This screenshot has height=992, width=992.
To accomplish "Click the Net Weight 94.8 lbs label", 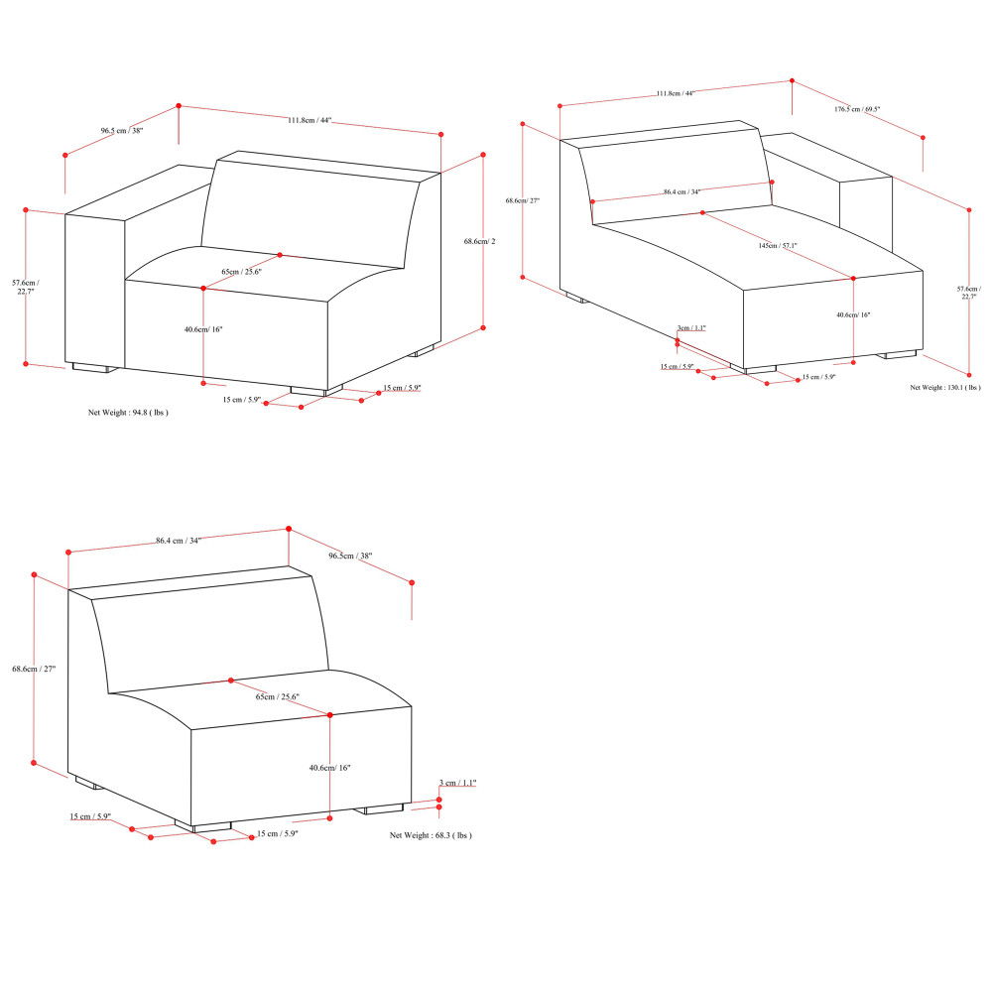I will [x=128, y=412].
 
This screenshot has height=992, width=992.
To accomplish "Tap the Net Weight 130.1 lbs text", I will [x=945, y=388].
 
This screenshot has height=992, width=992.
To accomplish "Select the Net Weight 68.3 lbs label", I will [x=431, y=836].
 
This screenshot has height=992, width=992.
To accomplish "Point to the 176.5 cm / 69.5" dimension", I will [x=858, y=109].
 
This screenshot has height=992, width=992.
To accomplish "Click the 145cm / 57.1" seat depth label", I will [x=778, y=245].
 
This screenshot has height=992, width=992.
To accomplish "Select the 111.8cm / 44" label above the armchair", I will [x=310, y=121].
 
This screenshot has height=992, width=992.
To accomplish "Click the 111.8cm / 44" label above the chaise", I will [x=676, y=93].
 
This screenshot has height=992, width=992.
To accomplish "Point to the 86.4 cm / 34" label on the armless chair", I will [x=179, y=541].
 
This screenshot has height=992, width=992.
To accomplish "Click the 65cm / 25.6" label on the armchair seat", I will [x=242, y=271].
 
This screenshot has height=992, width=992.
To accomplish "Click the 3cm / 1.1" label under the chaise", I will [x=691, y=327].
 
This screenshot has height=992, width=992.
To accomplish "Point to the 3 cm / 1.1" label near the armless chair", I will [x=459, y=784].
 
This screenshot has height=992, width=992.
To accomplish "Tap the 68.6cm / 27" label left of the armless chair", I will [x=34, y=670].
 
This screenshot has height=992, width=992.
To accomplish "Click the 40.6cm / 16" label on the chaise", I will [x=853, y=314].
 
